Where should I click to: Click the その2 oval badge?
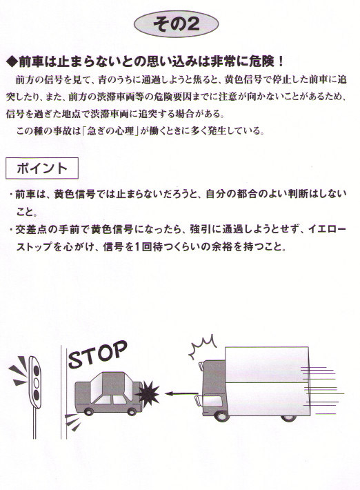(176, 23)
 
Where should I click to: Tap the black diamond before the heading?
(12, 61)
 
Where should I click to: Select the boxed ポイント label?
(42, 168)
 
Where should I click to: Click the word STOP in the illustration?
(98, 354)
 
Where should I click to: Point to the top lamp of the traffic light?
(37, 371)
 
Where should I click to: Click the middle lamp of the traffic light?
(37, 383)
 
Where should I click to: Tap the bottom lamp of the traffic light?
(37, 395)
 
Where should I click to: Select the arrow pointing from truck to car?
(181, 393)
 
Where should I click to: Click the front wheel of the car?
(89, 411)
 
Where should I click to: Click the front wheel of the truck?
(221, 415)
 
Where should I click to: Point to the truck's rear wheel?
(288, 418)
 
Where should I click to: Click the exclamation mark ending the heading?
(280, 61)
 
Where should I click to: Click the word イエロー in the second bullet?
(327, 229)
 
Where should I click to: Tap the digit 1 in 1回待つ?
(138, 247)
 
